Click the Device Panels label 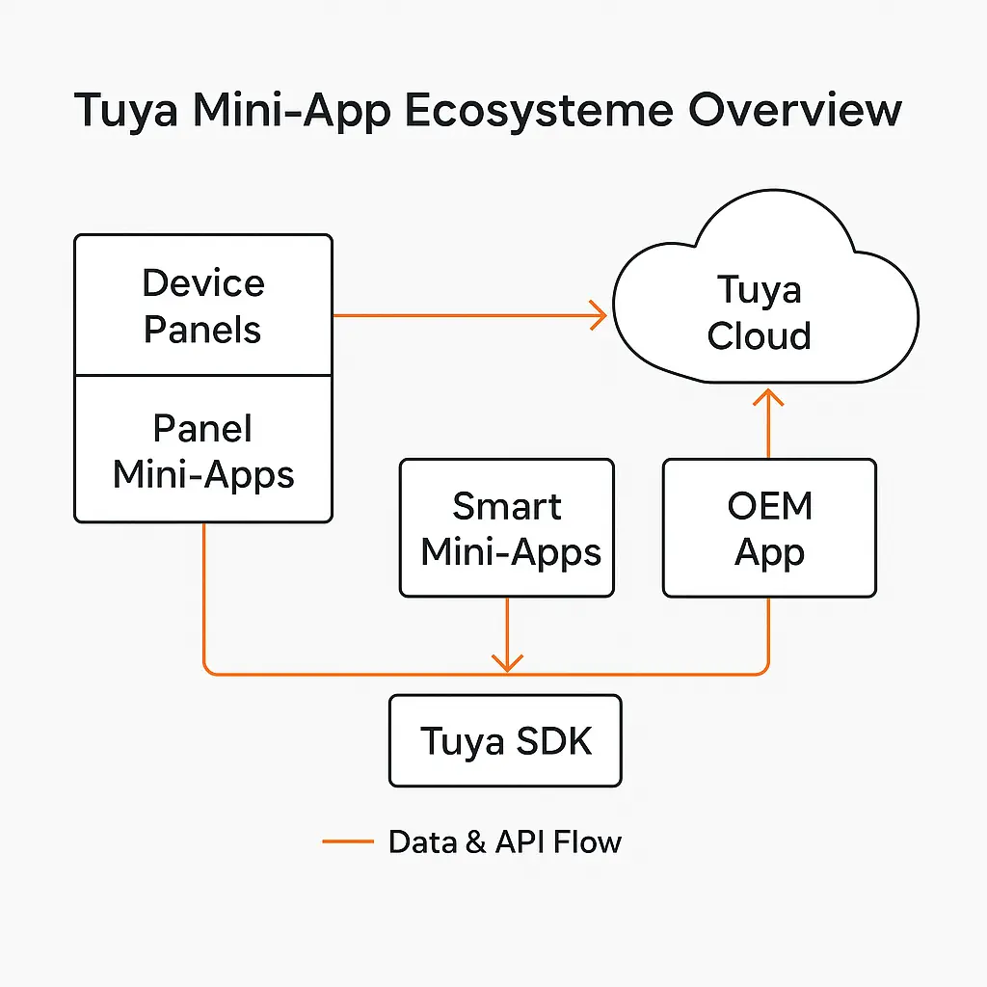pyautogui.click(x=202, y=306)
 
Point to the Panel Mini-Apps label pyautogui.click(x=202, y=451)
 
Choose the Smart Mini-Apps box pyautogui.click(x=507, y=527)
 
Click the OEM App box pyautogui.click(x=769, y=527)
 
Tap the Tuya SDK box pyautogui.click(x=505, y=741)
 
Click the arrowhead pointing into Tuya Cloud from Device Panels pyautogui.click(x=598, y=314)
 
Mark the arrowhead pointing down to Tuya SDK pyautogui.click(x=507, y=662)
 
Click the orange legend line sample pyautogui.click(x=347, y=841)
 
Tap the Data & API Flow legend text pyautogui.click(x=505, y=841)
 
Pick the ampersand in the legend pyautogui.click(x=474, y=842)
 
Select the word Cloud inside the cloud pyautogui.click(x=760, y=335)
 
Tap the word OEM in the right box pyautogui.click(x=769, y=506)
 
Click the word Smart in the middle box pyautogui.click(x=507, y=506)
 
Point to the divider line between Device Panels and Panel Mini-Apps pyautogui.click(x=202, y=376)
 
